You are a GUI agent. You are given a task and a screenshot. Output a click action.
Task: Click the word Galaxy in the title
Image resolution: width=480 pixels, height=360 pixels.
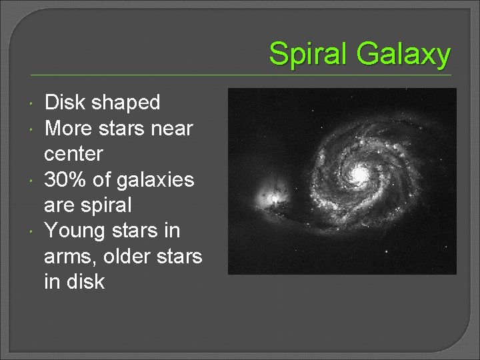(x=403, y=54)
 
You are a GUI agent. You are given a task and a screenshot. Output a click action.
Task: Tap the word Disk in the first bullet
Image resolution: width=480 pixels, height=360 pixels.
(x=65, y=103)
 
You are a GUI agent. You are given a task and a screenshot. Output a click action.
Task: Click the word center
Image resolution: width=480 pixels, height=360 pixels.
(x=73, y=154)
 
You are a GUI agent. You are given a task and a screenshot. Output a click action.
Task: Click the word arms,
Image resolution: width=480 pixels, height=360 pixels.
(x=71, y=256)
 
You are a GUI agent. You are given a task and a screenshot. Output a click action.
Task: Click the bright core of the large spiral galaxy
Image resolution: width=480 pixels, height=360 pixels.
(x=360, y=175)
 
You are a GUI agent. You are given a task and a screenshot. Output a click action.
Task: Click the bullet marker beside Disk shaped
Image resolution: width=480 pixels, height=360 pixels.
(x=33, y=103)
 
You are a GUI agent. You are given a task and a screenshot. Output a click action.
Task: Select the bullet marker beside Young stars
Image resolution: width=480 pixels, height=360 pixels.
(x=33, y=231)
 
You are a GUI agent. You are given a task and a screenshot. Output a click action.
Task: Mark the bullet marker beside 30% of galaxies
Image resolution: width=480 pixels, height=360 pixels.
(x=33, y=179)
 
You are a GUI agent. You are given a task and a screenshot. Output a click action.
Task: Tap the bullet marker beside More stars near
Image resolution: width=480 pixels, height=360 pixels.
(x=33, y=128)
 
